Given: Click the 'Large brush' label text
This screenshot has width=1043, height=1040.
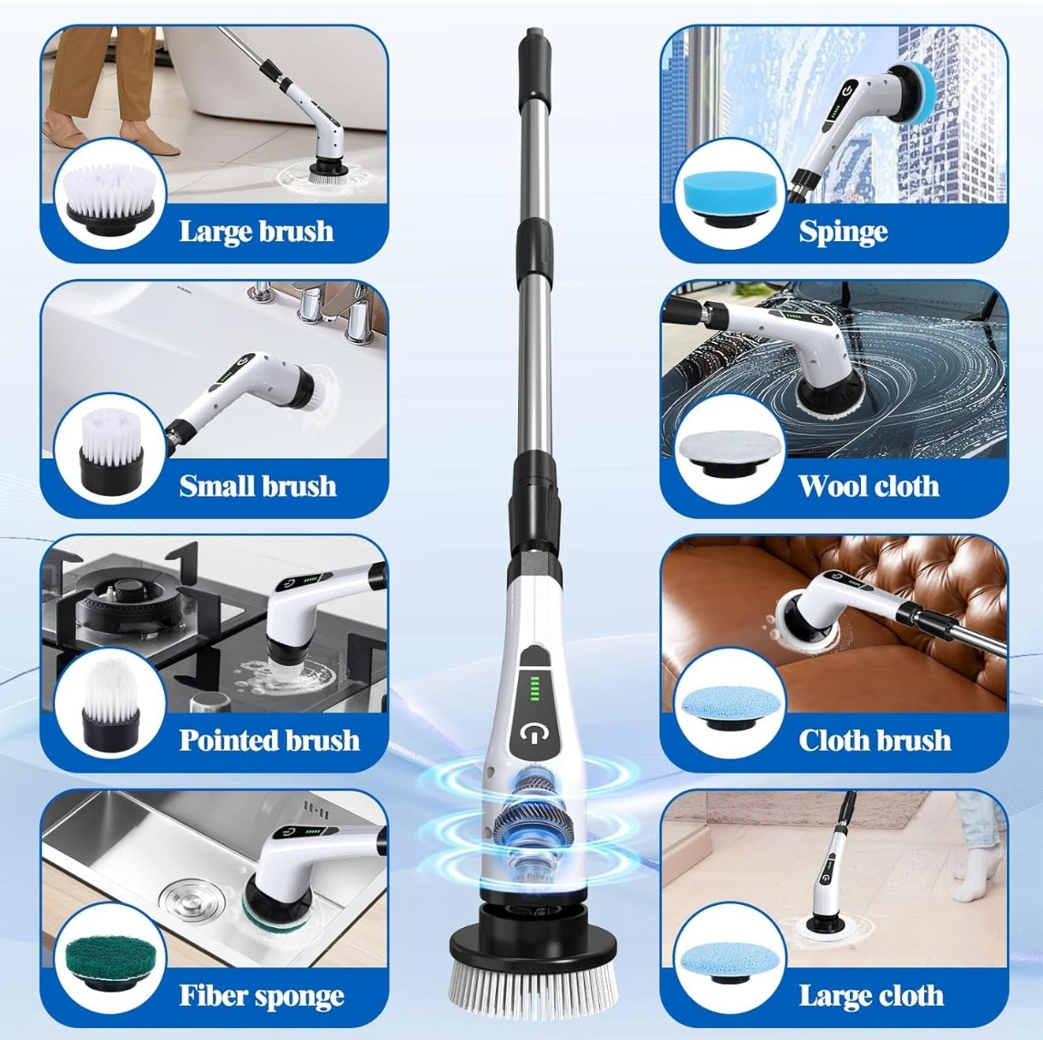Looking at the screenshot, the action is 256,231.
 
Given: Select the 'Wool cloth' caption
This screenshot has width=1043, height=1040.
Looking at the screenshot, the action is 869,486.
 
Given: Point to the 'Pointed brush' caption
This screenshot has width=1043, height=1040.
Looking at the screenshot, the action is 269,740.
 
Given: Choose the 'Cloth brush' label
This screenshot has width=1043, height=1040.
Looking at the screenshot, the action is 875,740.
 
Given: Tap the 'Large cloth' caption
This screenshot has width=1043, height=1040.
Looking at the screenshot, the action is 871,995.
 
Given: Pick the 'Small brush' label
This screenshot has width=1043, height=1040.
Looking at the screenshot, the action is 257,486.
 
